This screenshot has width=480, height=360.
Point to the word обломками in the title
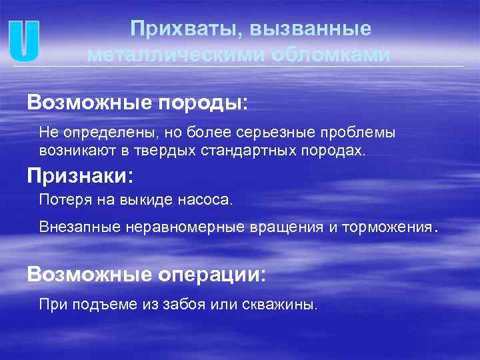[330, 54]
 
